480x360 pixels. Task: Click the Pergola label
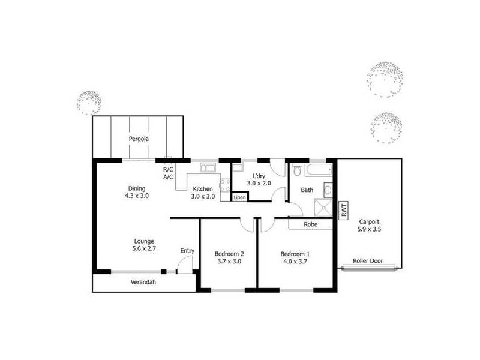[x=139, y=139]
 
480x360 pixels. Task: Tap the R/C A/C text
[x=168, y=173]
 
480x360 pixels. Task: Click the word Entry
[x=187, y=251]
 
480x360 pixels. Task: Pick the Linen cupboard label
[x=239, y=197]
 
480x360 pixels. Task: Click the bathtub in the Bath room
[x=317, y=170]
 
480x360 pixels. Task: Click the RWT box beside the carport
[x=344, y=211]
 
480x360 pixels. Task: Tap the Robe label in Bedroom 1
[x=310, y=224]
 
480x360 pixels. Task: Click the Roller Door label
[x=367, y=261]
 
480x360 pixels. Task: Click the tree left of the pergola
[x=90, y=103]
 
